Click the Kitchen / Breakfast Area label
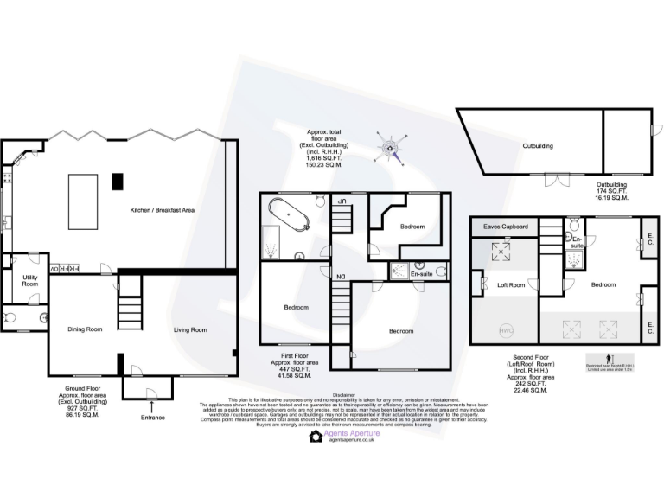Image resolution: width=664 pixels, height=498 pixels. pos(162,211)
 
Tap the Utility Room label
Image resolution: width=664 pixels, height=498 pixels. pos(30,281)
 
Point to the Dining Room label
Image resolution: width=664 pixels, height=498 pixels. pos(85,329)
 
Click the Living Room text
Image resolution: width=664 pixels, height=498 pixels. pos(190,329)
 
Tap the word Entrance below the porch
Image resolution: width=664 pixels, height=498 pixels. pos(152,417)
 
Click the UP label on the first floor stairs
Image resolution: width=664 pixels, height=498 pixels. pos(342,201)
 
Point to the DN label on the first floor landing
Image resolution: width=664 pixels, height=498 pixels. pos(342,277)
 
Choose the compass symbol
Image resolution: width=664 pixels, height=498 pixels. pos(391,150)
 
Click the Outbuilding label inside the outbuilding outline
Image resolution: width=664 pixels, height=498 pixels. pos(538,146)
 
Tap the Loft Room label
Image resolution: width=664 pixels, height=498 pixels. pos(511,284)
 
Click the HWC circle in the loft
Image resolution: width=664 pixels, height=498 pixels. pos(505,329)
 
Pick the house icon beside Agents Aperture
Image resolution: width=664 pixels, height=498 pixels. pos(317,437)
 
